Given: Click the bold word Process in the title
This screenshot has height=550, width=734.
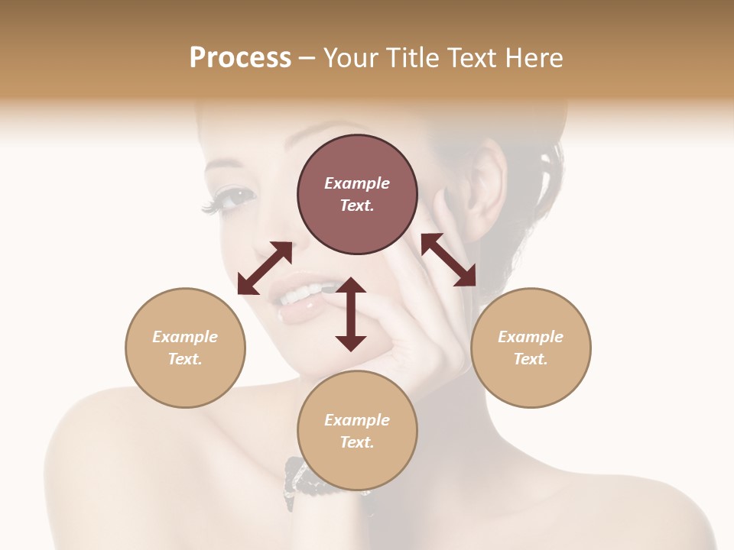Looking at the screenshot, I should point(240,58).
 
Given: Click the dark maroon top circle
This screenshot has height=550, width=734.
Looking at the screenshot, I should point(357,195).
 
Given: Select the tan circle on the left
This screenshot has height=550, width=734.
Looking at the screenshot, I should point(185,348).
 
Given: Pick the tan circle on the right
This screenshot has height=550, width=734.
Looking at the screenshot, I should point(531,348).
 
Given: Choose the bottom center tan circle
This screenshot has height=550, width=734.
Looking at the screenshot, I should point(357,432).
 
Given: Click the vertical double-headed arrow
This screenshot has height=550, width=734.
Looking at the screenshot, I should point(351,314).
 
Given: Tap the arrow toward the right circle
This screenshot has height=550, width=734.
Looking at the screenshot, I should point(449,260).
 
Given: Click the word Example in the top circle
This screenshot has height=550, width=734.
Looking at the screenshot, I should point(357,183).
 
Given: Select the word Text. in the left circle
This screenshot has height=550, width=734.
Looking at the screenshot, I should point(185,359).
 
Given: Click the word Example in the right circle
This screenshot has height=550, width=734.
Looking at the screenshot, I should point(531,337).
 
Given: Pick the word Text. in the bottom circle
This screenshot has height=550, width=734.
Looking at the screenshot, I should point(357,442).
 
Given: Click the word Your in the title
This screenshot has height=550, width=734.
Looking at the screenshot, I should point(348,58).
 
